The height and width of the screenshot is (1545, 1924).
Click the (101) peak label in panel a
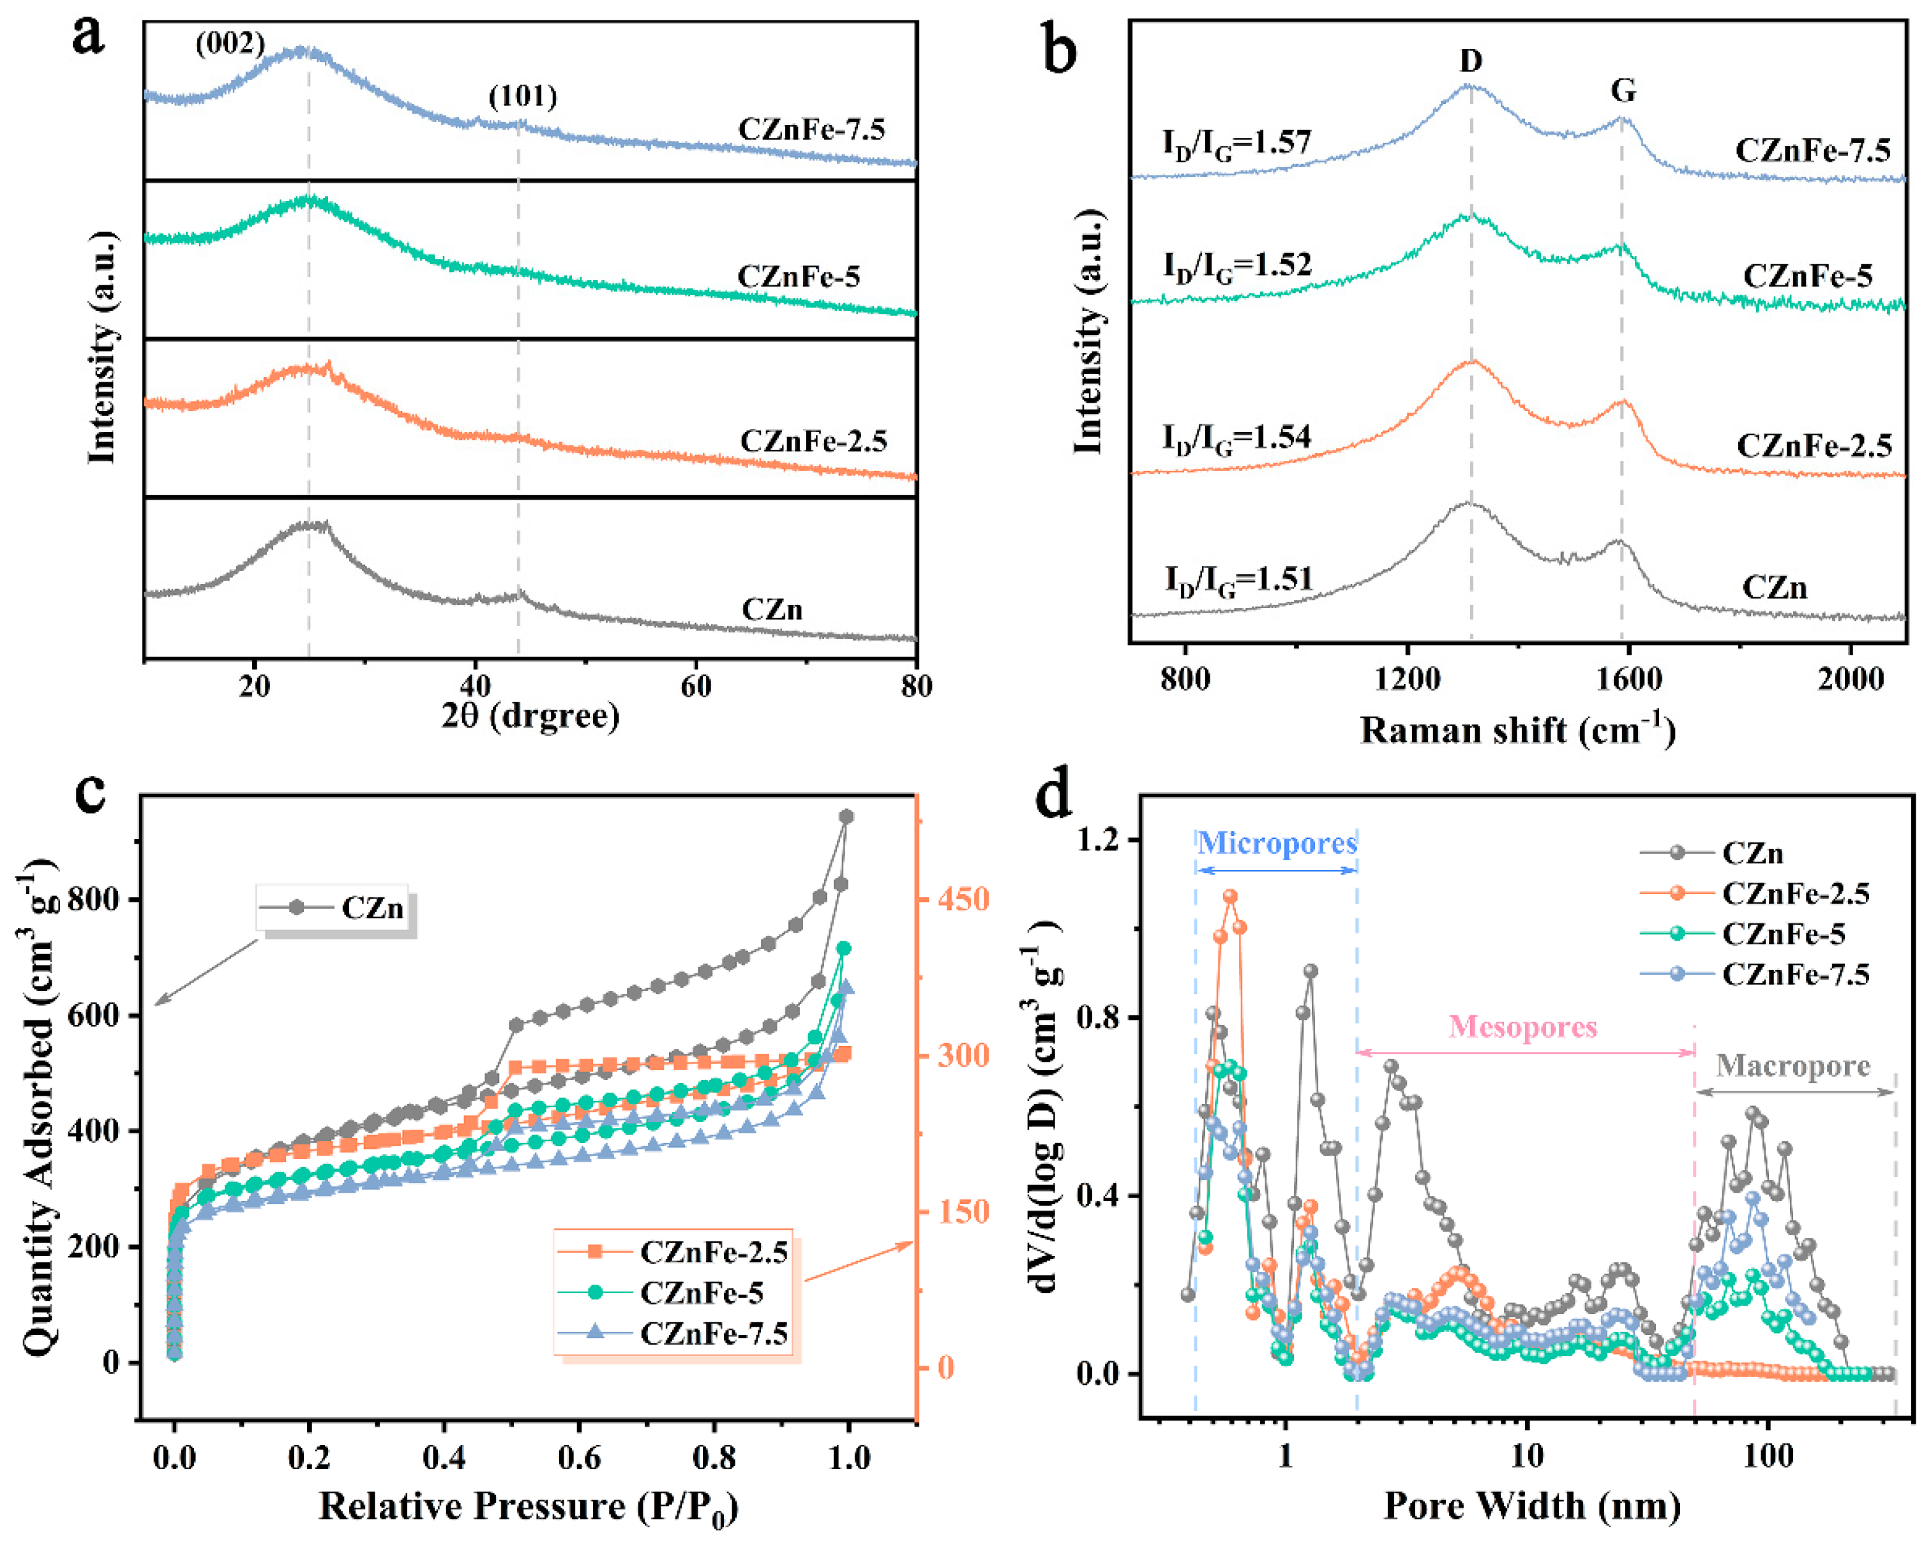[522, 96]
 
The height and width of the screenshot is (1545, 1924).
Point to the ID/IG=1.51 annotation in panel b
[1238, 580]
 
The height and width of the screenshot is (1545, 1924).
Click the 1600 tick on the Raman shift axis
[1628, 679]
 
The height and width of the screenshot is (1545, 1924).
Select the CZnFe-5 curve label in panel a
[799, 276]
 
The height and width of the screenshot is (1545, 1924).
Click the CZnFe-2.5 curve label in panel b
[1814, 445]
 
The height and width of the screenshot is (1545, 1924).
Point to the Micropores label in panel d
[1276, 843]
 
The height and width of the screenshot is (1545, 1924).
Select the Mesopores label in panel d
[1522, 1027]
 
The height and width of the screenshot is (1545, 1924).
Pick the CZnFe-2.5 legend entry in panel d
[1794, 893]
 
